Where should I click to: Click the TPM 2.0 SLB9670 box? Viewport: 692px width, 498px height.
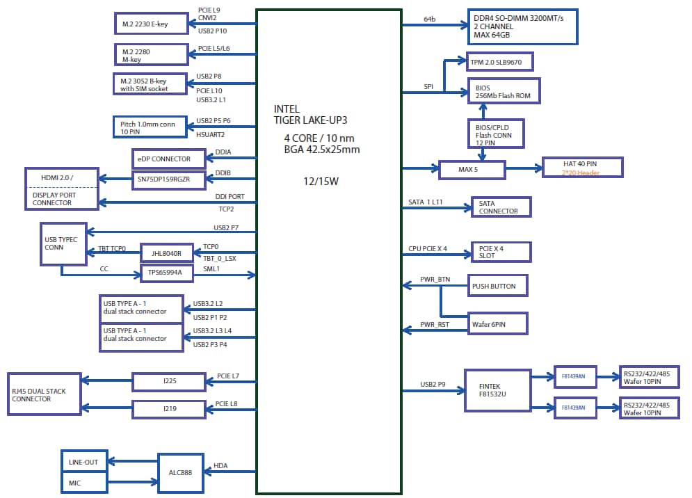500,62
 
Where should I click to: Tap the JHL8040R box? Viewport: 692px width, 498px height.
166,253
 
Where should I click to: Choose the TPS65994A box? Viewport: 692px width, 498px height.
166,273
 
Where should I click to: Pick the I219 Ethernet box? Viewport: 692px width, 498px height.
169,409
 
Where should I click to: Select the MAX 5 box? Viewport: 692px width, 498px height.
472,168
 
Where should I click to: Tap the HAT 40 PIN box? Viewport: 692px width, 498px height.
582,167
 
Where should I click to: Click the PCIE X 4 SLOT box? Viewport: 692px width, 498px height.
501,251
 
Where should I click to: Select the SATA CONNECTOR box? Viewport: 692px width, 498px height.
501,207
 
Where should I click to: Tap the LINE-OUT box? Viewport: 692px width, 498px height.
83,462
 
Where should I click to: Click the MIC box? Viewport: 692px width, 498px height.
83,482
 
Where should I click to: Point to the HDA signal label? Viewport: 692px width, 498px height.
220,465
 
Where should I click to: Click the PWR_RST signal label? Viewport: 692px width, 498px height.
435,325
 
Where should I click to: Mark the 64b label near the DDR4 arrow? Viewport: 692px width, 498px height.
430,19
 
